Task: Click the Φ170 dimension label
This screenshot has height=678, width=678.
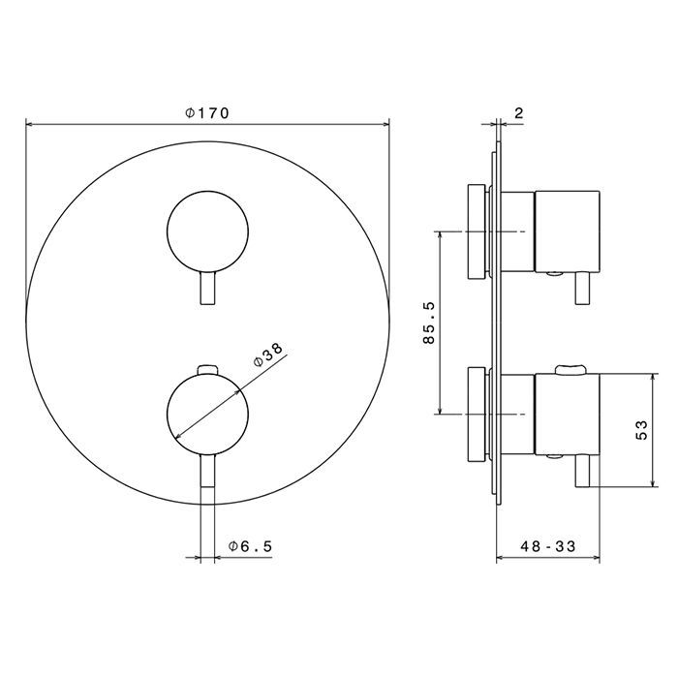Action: (206, 113)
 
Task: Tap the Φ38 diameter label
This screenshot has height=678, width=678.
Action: (268, 354)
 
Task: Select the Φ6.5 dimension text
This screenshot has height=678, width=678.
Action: (250, 546)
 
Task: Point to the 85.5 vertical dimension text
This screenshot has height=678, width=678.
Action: (429, 323)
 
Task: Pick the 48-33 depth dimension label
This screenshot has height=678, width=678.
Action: (548, 546)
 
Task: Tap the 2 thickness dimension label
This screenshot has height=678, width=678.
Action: (519, 113)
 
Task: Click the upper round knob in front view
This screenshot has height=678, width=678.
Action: (207, 231)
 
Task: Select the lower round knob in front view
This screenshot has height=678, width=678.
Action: (207, 415)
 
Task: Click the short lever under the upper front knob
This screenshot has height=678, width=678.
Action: (207, 289)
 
